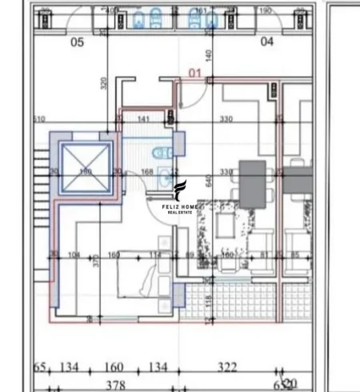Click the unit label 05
pyautogui.click(x=77, y=42)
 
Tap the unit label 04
pyautogui.click(x=267, y=40)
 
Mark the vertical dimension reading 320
pyautogui.click(x=104, y=83)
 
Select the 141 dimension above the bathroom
pyautogui.click(x=145, y=120)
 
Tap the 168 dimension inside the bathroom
pyautogui.click(x=146, y=171)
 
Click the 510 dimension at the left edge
pyautogui.click(x=39, y=120)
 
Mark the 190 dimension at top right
pyautogui.click(x=266, y=11)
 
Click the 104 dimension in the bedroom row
pyautogui.click(x=75, y=256)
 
